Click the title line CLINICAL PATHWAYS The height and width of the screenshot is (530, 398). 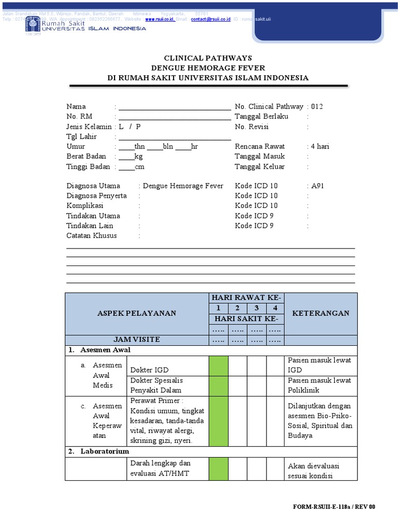tap(208, 58)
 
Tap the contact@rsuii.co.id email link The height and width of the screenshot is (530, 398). tap(210, 19)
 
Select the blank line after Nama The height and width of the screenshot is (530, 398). tap(175, 107)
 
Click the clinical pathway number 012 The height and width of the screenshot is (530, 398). tap(317, 107)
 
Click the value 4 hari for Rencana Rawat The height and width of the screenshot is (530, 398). tap(320, 146)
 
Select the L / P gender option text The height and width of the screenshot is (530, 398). tap(130, 127)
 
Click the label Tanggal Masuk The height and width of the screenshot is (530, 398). tap(260, 156)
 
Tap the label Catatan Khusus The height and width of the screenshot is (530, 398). tap(92, 235)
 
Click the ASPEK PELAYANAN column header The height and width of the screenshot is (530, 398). tap(137, 313)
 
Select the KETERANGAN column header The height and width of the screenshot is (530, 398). tap(321, 313)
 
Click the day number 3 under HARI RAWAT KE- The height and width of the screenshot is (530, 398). tap(257, 308)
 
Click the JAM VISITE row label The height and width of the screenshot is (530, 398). tap(137, 340)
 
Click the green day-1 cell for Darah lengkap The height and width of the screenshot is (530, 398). tap(218, 469)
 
